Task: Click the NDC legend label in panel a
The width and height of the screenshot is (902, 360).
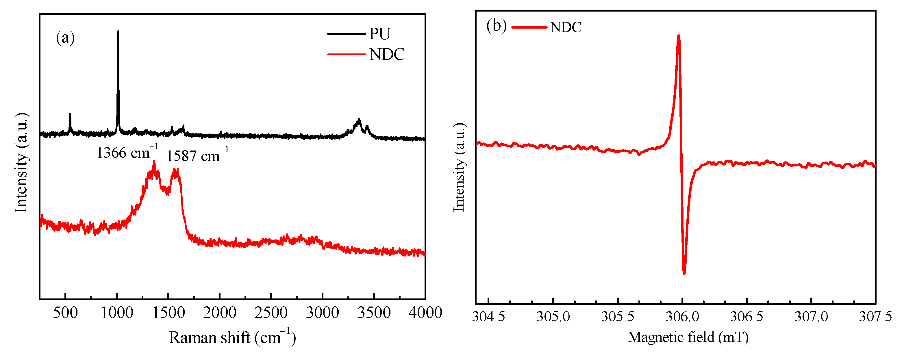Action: pos(387,54)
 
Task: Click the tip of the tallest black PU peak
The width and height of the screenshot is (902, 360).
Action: pos(118,31)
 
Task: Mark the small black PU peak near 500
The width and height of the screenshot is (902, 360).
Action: pos(70,114)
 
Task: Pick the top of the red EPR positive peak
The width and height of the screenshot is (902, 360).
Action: pos(679,36)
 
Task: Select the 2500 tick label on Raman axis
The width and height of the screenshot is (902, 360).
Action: pos(271,313)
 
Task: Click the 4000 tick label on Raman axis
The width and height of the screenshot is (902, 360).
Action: pos(425,313)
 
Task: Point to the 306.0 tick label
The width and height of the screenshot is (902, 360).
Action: pos(682,317)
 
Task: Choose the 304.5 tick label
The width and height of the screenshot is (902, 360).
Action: pos(488,317)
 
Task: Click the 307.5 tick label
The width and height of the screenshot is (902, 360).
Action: pos(875,317)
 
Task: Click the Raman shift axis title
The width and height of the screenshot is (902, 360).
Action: pos(232,337)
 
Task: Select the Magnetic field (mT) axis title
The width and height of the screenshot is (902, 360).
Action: pos(688,337)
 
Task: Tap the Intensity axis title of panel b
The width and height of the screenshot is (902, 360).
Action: pos(459,167)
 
